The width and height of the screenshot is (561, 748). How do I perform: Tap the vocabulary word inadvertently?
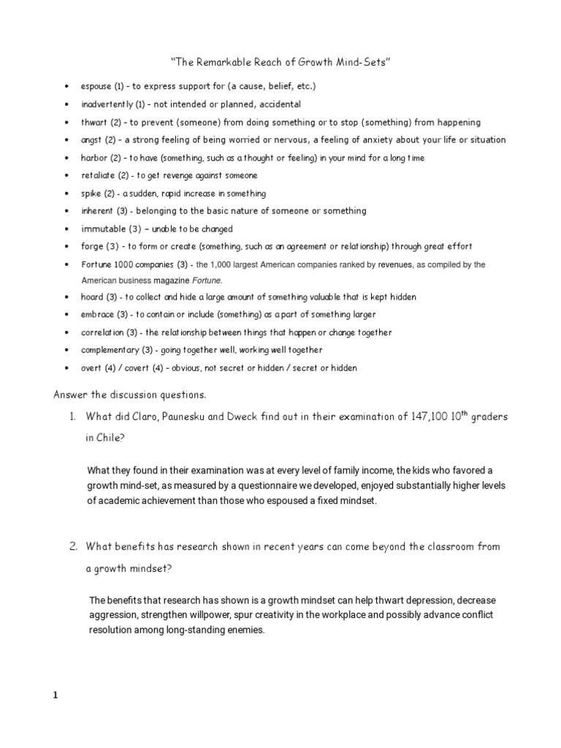click(107, 104)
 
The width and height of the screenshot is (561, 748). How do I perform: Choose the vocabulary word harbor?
click(94, 158)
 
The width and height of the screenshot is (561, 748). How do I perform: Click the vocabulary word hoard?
click(92, 297)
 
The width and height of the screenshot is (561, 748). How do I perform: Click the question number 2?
click(73, 546)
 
